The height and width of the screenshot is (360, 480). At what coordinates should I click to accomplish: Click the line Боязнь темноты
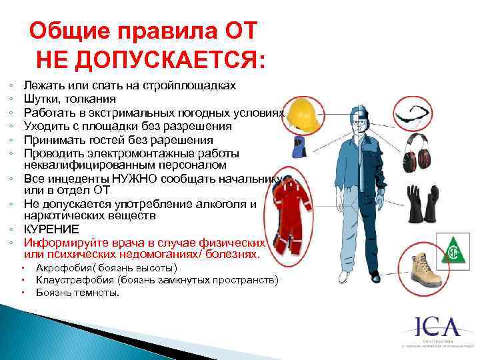point(78,292)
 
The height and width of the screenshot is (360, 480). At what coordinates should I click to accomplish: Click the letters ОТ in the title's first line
point(238,31)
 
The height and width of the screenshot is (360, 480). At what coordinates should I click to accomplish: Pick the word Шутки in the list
point(39,99)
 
